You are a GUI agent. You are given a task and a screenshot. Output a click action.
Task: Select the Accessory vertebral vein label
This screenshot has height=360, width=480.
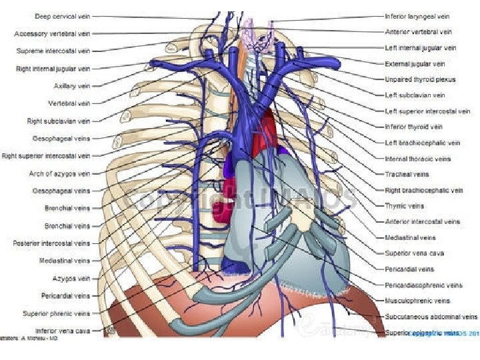pyautogui.click(x=52, y=33)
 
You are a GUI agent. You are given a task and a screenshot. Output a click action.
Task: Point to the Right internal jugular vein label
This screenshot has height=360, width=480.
pyautogui.click(x=53, y=69)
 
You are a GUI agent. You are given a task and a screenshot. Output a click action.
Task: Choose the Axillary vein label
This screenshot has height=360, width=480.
pyautogui.click(x=72, y=86)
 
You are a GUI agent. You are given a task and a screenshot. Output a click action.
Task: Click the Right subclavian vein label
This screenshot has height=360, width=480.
pyautogui.click(x=59, y=121)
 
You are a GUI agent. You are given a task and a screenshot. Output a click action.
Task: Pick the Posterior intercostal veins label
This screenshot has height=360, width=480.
pyautogui.click(x=51, y=243)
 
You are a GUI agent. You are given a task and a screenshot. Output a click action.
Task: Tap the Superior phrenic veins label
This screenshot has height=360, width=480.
pyautogui.click(x=56, y=313)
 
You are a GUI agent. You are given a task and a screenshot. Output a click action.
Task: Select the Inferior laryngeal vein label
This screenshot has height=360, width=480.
pyautogui.click(x=417, y=16)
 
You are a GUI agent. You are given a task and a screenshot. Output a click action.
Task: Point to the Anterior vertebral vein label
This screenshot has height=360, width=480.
pyautogui.click(x=418, y=31)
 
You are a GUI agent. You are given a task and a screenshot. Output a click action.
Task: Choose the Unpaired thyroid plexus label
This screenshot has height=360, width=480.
pyautogui.click(x=420, y=79)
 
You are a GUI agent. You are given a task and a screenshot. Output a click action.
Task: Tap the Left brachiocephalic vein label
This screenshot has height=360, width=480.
pyautogui.click(x=422, y=143)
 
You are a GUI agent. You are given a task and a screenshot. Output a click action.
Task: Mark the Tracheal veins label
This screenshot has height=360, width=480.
pyautogui.click(x=407, y=175)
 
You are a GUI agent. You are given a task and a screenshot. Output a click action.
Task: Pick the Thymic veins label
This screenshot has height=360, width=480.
pyautogui.click(x=404, y=206)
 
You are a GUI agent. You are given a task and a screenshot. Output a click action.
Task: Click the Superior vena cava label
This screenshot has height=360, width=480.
pyautogui.click(x=414, y=253)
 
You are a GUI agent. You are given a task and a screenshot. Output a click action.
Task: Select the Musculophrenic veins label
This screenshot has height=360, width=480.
pyautogui.click(x=417, y=301)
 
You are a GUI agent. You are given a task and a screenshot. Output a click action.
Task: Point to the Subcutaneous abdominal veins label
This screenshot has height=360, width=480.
pyautogui.click(x=431, y=317)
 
